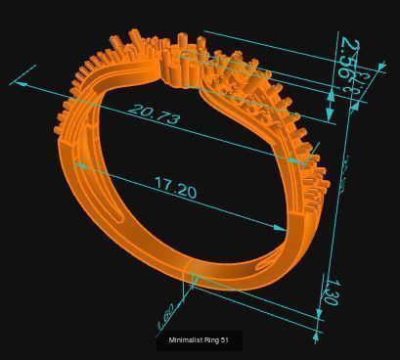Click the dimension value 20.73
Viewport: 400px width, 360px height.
coord(155,115)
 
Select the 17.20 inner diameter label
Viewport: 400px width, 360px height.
coord(175,188)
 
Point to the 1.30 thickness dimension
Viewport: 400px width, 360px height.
coord(330,291)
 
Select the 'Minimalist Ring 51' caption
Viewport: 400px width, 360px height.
coord(199,340)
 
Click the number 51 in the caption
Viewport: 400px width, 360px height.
coord(224,340)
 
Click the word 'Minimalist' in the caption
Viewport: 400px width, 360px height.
coord(186,340)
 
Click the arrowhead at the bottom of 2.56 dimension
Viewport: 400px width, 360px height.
coord(331,117)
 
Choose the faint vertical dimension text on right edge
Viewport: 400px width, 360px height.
coord(344,176)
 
